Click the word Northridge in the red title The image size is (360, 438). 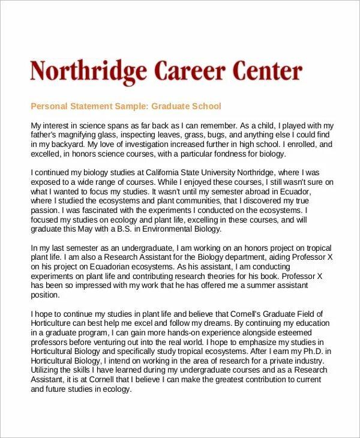[x=88, y=72]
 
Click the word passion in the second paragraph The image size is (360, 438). [x=44, y=211]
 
